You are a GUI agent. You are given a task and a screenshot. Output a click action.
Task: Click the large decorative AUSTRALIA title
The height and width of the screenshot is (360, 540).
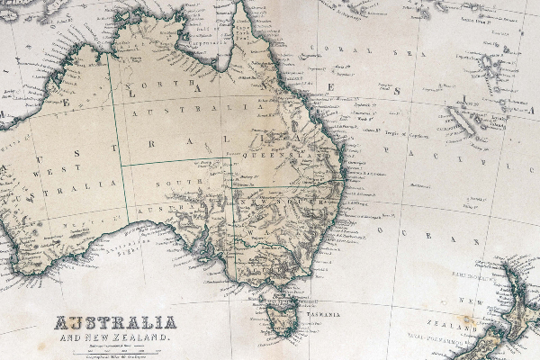click(x=115, y=322)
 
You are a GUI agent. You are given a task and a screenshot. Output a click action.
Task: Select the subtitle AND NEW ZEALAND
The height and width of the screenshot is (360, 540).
click(x=115, y=336)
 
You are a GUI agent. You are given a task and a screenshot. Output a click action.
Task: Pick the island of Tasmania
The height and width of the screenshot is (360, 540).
click(x=283, y=314)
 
